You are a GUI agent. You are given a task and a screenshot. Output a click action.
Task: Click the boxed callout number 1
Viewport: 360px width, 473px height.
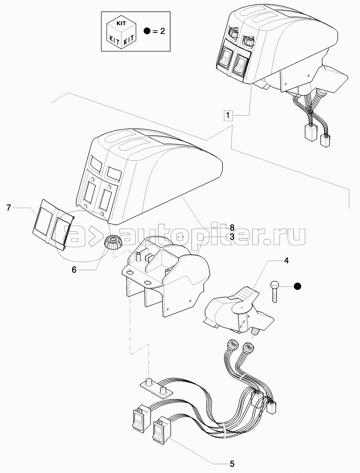click(228, 115)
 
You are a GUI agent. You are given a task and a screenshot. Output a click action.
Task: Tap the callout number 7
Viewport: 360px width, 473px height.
click(8, 208)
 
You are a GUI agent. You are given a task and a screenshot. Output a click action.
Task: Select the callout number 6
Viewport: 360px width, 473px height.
click(74, 269)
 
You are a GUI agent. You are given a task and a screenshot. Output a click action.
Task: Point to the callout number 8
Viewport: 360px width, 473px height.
click(232, 227)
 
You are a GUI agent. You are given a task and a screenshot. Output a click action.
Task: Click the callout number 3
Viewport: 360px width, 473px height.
click(232, 237)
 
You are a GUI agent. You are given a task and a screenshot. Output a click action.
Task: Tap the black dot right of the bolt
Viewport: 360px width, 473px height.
click(297, 286)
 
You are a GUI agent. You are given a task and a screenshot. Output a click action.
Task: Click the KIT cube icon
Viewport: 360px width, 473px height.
click(122, 32)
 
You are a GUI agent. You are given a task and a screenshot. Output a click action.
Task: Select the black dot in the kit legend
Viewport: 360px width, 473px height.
click(147, 31)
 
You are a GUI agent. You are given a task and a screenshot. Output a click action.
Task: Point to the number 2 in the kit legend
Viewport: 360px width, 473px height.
click(162, 31)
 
